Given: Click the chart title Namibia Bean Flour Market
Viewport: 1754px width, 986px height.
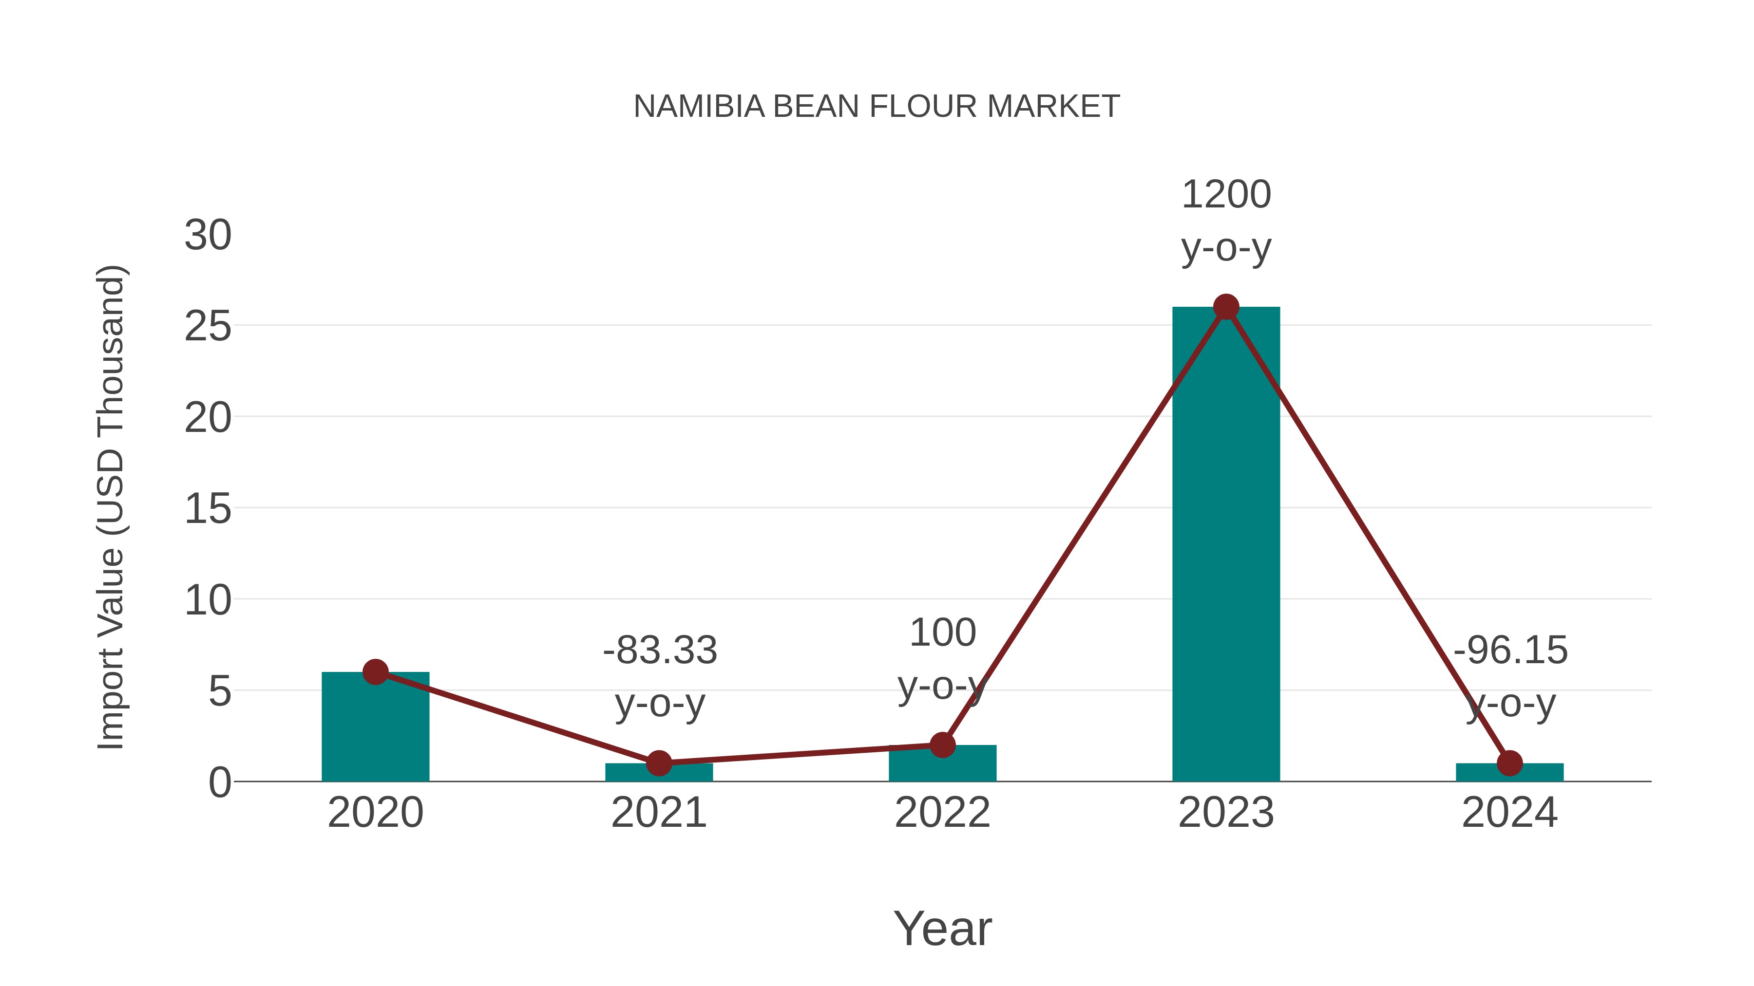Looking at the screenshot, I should click(x=877, y=107).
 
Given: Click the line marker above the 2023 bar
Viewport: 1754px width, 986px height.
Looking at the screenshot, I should click(x=1226, y=307).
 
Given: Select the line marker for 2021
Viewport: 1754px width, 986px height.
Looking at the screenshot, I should click(x=658, y=763).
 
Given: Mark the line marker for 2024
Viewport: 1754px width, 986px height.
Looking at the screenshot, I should click(x=1509, y=763).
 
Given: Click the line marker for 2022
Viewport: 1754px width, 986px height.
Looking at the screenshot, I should click(x=942, y=744).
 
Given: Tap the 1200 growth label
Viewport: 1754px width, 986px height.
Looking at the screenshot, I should click(x=1226, y=195).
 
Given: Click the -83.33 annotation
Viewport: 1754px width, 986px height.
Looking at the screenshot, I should click(x=659, y=650).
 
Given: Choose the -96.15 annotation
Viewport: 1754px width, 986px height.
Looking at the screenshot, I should click(x=1510, y=650).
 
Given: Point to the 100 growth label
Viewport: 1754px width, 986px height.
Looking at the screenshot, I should click(x=942, y=633).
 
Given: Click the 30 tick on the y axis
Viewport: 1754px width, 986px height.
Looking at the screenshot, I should click(x=208, y=236).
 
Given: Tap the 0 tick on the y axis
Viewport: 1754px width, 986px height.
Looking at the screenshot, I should click(x=219, y=782).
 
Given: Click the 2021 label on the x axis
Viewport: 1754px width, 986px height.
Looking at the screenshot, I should click(x=658, y=813).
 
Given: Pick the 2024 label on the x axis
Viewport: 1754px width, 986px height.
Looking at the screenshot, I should click(x=1509, y=813).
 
